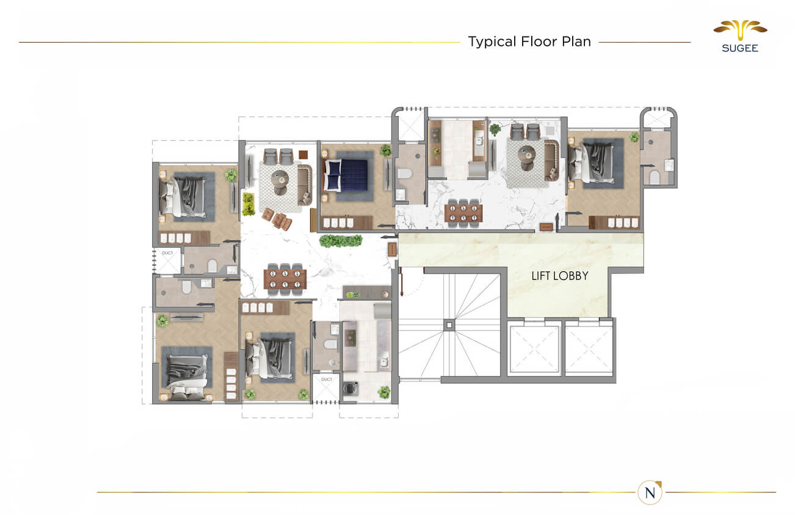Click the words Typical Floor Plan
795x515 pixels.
[529, 41]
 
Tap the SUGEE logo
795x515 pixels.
[739, 36]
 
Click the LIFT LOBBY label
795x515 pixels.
[559, 276]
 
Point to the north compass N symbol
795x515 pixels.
[650, 492]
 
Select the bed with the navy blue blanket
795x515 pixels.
[347, 175]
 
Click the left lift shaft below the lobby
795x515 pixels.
[534, 349]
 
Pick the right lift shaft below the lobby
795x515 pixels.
[588, 349]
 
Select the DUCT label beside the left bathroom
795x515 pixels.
[167, 253]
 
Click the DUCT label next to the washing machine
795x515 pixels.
[327, 380]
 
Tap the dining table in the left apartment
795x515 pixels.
[285, 279]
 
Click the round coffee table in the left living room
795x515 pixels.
[280, 178]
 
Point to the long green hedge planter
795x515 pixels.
[340, 241]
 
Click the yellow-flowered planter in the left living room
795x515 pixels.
[248, 204]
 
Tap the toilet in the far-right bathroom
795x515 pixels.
[654, 178]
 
